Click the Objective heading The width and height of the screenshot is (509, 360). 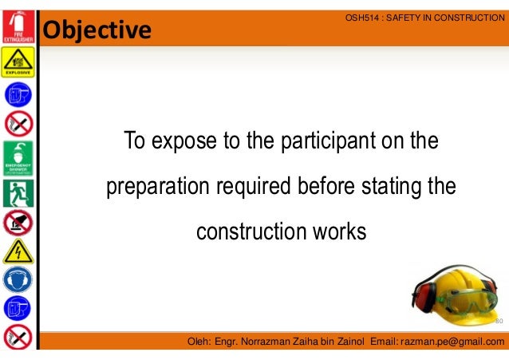[97, 30]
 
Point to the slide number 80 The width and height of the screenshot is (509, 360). [499, 322]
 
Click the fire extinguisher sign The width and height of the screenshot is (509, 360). [18, 24]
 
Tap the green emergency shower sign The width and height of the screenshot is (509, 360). [18, 158]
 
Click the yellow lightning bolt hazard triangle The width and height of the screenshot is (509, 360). [18, 252]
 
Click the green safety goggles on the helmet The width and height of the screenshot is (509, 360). [465, 301]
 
